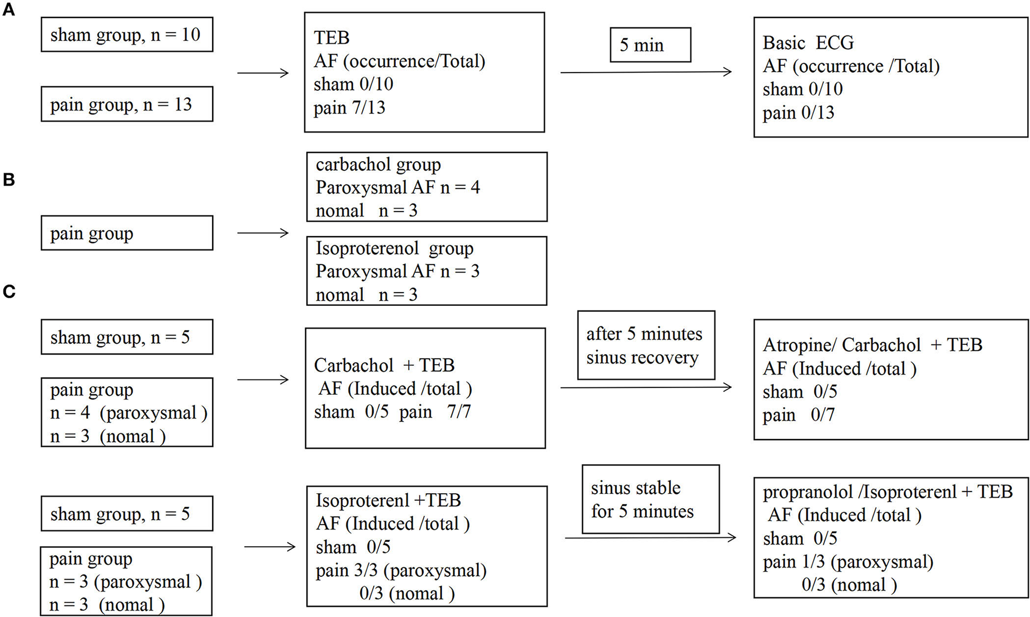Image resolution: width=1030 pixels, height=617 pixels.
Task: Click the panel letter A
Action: pos(9,10)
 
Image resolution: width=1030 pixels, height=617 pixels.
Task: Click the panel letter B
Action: pos(9,180)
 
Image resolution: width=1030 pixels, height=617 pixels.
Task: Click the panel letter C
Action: pos(9,291)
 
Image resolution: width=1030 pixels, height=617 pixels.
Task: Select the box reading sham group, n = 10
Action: pos(127,35)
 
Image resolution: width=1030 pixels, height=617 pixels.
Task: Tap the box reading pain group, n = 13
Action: pos(127,105)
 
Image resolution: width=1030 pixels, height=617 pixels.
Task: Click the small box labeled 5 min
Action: pos(650,45)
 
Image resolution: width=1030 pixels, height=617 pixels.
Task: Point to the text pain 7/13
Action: pos(349,108)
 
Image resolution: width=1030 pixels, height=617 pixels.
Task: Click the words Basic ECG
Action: pos(808,43)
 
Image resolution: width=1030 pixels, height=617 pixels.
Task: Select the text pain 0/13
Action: pos(798,112)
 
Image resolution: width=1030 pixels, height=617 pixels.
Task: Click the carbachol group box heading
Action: pos(378,165)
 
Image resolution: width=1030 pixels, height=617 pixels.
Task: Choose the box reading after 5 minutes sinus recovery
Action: pos(645,345)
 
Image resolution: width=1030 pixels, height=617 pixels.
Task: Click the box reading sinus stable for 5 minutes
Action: pos(650,500)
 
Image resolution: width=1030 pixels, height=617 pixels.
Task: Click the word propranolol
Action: pos(808,492)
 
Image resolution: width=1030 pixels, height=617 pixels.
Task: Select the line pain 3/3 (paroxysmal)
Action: pos(401,570)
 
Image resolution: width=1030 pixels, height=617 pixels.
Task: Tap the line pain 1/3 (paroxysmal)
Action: pos(848,562)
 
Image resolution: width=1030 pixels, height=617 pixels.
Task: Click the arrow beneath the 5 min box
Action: pos(645,72)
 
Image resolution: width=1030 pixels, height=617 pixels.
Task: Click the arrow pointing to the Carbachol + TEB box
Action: pos(263,380)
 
